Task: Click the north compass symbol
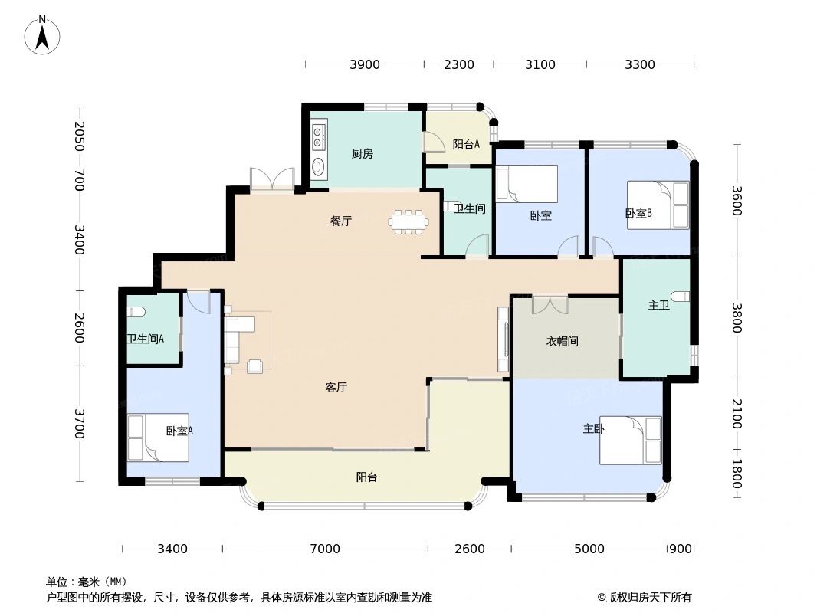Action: point(43,35)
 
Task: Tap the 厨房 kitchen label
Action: point(362,154)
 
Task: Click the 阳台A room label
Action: point(466,144)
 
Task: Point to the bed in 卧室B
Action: point(658,205)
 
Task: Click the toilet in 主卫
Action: point(679,297)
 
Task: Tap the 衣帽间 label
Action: point(562,342)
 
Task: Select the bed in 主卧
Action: point(630,440)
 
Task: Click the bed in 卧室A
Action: point(157,438)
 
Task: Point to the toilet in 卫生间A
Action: point(136,311)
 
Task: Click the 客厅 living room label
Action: point(336,388)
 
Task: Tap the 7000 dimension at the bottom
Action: point(325,549)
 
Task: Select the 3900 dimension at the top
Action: point(365,64)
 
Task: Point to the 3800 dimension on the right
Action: point(737,318)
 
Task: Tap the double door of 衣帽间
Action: point(550,304)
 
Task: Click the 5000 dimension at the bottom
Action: point(589,549)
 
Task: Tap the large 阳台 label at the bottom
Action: point(366,477)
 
